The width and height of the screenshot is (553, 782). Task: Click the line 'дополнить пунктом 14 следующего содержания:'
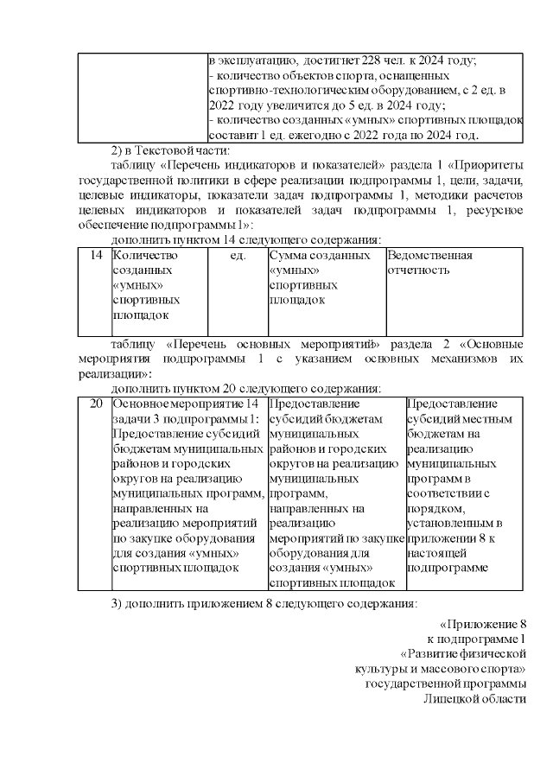coord(246,239)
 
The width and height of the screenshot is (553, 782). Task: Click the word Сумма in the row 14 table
coord(287,256)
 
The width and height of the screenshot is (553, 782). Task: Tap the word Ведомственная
coord(430,256)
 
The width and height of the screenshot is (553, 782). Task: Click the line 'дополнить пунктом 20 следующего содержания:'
coord(246,389)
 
